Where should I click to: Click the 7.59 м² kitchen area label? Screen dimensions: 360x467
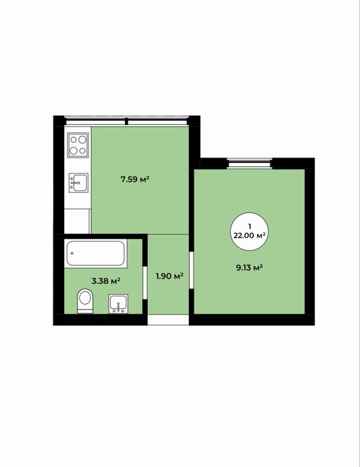[135, 179]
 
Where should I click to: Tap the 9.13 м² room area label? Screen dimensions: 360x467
[249, 267]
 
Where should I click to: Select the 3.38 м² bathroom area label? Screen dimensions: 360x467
[106, 281]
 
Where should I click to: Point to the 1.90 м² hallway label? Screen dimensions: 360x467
[170, 276]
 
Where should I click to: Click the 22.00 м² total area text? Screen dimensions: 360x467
[250, 235]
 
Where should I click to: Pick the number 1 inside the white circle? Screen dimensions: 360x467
[250, 226]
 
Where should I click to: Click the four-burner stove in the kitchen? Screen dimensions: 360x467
[78, 146]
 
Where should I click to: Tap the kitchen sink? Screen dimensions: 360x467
[79, 182]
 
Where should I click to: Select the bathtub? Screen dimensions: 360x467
[96, 253]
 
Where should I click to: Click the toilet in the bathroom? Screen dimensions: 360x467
[85, 301]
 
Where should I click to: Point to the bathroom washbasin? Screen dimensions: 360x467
[118, 303]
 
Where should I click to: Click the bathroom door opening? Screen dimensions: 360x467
[145, 283]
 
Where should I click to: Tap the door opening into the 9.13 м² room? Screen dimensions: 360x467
[192, 270]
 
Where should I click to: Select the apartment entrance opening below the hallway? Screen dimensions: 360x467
[168, 319]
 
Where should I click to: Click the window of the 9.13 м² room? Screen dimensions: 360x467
[250, 164]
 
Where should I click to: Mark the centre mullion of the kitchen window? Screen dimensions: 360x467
[126, 121]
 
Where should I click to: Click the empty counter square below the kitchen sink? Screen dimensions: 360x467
[77, 221]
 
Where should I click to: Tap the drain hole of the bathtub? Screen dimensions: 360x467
[72, 253]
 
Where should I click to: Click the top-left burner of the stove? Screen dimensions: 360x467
[73, 140]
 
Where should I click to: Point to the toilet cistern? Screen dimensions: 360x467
[85, 311]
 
